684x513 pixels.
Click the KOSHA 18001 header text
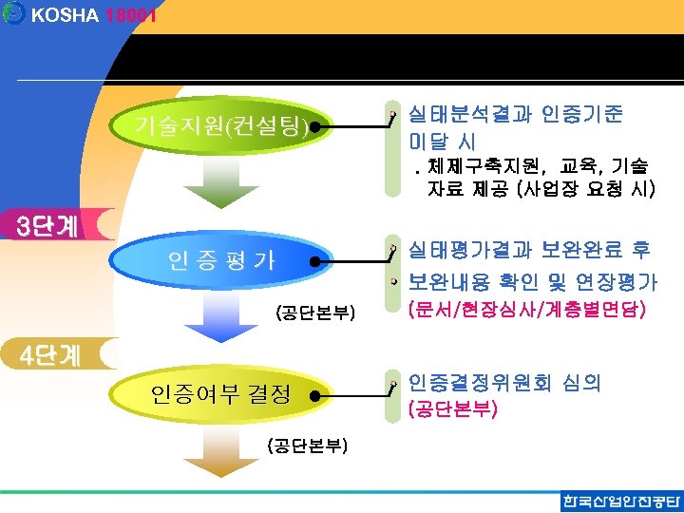[93, 16]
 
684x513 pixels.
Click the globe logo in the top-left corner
[13, 15]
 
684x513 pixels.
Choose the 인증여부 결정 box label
[221, 394]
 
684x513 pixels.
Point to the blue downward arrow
[219, 317]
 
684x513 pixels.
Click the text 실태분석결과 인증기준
[516, 115]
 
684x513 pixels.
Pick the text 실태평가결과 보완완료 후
[529, 251]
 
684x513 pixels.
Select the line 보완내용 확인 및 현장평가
[533, 282]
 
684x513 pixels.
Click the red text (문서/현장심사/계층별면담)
[526, 310]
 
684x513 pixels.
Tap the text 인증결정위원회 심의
[504, 383]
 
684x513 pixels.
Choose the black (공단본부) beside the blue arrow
[314, 312]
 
